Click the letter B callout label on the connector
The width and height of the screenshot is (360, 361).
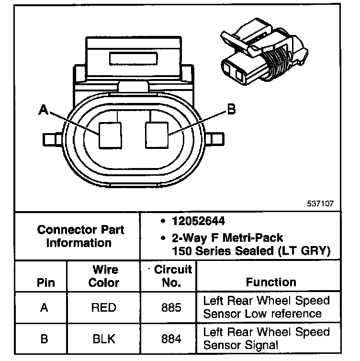click(x=231, y=110)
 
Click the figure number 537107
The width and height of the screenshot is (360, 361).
click(x=321, y=203)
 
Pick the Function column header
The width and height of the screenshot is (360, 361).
click(x=271, y=282)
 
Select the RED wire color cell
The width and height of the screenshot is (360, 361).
click(x=104, y=307)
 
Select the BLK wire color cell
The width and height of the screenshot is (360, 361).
click(x=104, y=338)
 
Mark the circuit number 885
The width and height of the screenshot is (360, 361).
click(x=171, y=307)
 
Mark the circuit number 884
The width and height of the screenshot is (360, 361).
click(x=171, y=338)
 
